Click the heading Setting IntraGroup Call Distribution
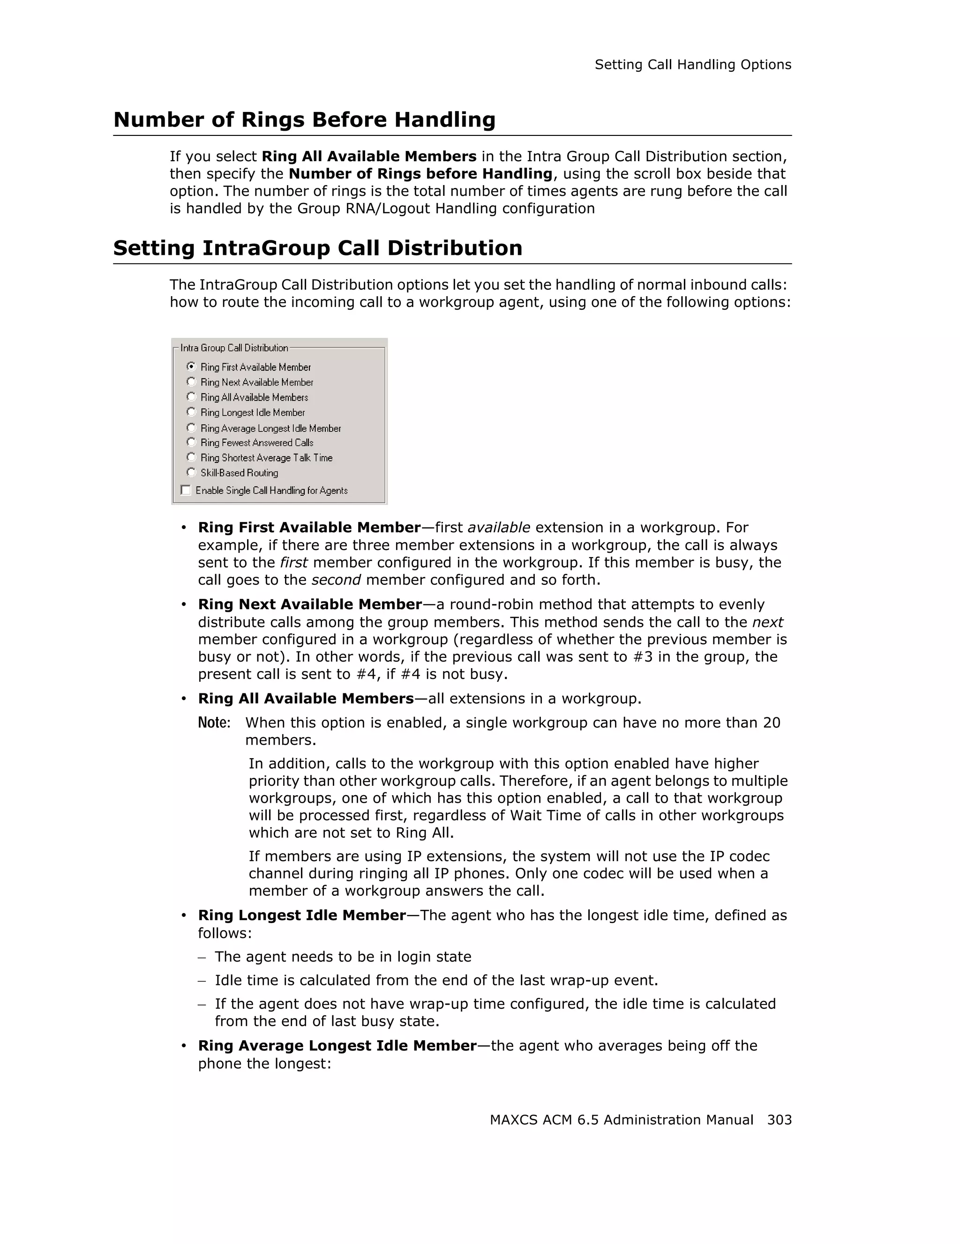click(317, 248)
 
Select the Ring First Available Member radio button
click(191, 366)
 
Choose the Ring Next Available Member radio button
click(191, 381)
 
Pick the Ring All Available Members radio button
click(191, 396)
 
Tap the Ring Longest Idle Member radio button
click(191, 412)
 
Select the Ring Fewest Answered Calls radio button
click(191, 442)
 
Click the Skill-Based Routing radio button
click(191, 472)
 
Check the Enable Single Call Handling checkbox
click(186, 490)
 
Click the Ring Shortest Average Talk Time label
click(266, 457)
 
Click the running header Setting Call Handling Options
click(693, 65)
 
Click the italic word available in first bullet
click(499, 528)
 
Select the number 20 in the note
click(772, 723)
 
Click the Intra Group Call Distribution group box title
click(234, 348)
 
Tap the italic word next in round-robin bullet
click(767, 622)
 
